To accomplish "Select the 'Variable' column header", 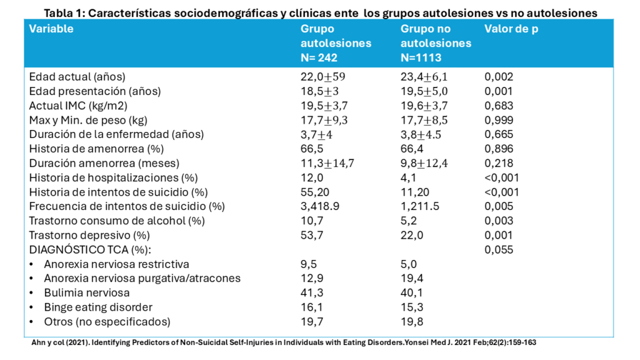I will (x=51, y=29).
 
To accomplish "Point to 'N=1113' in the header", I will (x=422, y=58).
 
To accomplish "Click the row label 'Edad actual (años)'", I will (x=77, y=77).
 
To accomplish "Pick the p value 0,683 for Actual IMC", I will (x=499, y=106).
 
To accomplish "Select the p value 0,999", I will (x=499, y=120).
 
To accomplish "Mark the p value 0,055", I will (x=499, y=249).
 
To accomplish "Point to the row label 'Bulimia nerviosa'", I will (x=87, y=292).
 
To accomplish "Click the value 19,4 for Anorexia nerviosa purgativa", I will (x=412, y=278).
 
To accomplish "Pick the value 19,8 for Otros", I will (x=412, y=321).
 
